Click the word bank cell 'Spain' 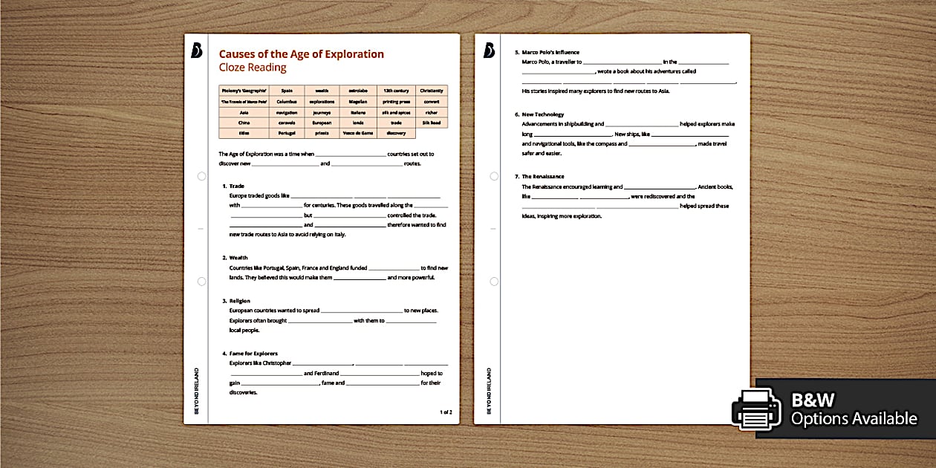click(286, 91)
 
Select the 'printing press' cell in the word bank click(396, 101)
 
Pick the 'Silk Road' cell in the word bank click(432, 123)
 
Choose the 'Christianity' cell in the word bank click(432, 91)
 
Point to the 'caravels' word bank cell click(286, 123)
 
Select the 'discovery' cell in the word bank click(396, 133)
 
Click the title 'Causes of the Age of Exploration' click(301, 53)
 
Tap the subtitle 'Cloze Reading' click(252, 68)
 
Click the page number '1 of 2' click(446, 412)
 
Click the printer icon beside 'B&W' click(755, 409)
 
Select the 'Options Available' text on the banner click(854, 419)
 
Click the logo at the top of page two click(489, 50)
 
